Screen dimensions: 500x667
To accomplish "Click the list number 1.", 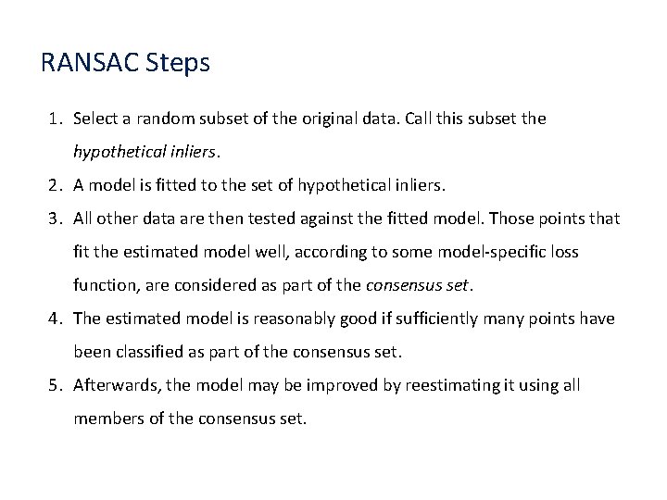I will coord(55,119).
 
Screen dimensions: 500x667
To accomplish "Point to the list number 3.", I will coord(55,219).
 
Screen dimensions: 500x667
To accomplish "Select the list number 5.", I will coord(55,385).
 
